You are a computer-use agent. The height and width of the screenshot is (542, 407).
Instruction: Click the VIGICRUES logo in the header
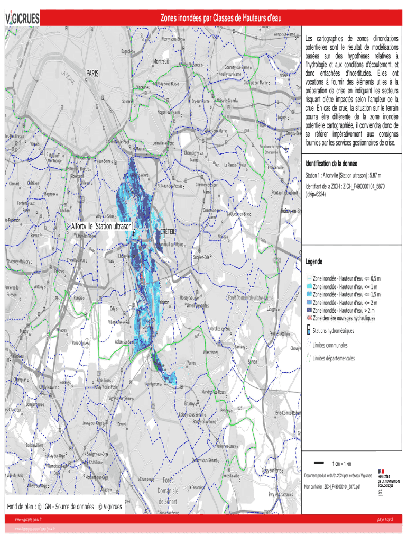pos(23,19)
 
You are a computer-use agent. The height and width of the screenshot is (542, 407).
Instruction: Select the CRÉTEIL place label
pos(167,232)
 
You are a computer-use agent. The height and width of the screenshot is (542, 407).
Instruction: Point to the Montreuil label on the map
pos(161,62)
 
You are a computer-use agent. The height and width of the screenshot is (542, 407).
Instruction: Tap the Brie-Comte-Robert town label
pos(288,413)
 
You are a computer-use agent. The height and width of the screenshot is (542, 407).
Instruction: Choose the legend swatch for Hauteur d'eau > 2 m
pos(309,310)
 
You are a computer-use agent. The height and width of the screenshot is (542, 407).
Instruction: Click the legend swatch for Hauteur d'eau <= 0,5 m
pos(309,278)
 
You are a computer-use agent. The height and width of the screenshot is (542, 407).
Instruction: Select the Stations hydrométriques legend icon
pos(309,331)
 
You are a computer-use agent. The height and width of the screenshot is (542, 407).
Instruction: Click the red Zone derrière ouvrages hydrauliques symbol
pos(309,318)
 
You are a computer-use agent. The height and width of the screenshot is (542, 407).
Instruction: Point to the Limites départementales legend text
pos(334,358)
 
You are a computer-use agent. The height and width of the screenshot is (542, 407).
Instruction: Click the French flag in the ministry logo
pos(381,471)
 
